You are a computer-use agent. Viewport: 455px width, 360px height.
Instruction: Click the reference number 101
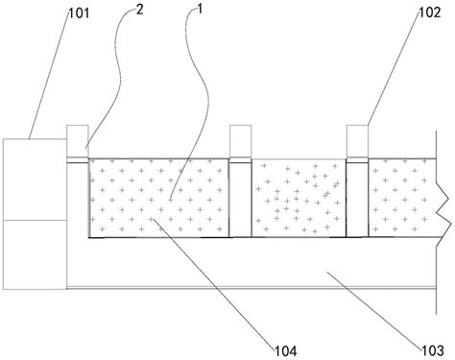[79, 13]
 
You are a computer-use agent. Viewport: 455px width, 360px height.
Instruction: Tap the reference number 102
[430, 12]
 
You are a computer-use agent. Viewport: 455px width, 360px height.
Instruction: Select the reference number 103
[433, 350]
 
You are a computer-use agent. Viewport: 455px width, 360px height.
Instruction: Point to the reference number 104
[286, 351]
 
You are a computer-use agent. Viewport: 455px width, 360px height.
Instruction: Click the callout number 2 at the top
[139, 10]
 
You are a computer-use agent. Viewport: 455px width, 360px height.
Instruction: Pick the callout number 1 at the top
[200, 9]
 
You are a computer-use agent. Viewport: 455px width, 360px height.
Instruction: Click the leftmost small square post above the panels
[78, 141]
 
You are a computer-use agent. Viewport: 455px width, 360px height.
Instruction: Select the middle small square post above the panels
[241, 141]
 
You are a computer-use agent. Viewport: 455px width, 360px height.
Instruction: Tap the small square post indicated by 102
[357, 141]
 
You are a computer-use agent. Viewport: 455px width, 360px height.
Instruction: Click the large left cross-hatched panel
[159, 198]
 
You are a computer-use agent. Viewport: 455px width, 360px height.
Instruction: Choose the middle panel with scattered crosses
[299, 198]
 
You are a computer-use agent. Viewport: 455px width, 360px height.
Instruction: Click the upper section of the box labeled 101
[35, 180]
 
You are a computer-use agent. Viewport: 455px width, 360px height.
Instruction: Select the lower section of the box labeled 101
[35, 254]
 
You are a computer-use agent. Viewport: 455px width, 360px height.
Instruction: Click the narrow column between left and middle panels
[241, 200]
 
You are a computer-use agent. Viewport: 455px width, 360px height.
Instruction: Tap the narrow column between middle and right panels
[357, 200]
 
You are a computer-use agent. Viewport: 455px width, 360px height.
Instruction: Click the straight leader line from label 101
[49, 76]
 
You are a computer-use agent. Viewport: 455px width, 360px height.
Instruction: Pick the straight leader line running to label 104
[213, 283]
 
